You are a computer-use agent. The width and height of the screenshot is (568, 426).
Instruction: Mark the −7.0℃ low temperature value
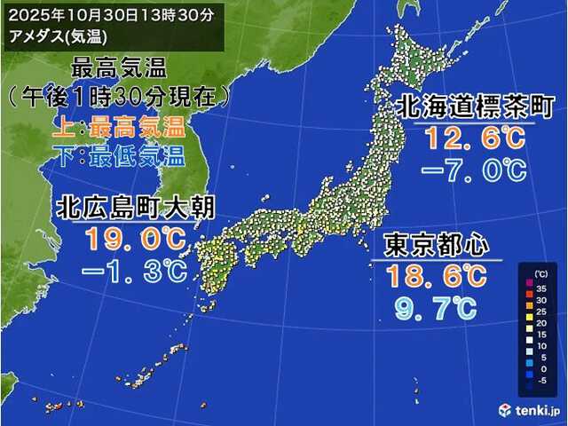pos(474,170)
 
